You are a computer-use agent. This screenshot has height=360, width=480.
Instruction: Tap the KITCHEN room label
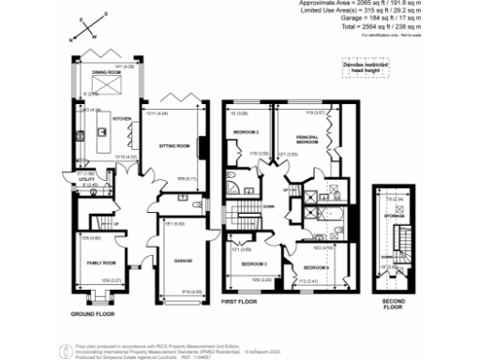click(121, 119)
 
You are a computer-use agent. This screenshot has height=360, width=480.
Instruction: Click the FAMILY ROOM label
click(100, 262)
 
